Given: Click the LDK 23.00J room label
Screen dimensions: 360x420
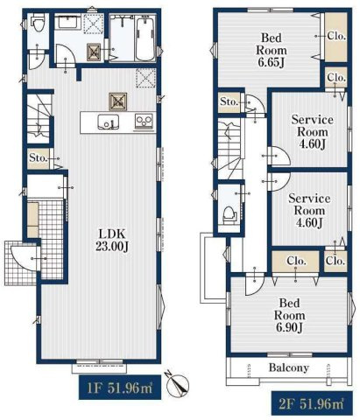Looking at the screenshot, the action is (112, 240).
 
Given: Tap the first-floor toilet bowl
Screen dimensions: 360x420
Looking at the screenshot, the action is (39, 24).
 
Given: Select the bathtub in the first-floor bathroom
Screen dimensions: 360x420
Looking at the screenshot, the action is (145, 38).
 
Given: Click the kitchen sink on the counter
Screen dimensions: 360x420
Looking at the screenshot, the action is (108, 122).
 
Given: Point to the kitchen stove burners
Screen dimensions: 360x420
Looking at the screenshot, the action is (144, 122).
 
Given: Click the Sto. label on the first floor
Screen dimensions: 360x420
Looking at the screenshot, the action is (38, 158).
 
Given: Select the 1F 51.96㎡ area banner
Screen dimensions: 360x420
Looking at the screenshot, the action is (120, 388).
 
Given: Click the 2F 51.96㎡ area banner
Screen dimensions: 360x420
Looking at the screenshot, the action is (312, 403).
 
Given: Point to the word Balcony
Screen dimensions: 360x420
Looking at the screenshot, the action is (289, 367).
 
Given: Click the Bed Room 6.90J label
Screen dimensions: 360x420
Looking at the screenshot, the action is (289, 316).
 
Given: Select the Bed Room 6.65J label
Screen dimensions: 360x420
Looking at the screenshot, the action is (272, 50).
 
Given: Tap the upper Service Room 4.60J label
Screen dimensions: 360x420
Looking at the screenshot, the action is (312, 132).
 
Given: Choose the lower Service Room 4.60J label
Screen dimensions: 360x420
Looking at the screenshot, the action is (309, 211).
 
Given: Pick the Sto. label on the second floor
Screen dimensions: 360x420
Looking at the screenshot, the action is (229, 101).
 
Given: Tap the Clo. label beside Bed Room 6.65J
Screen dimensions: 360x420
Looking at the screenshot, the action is (336, 36).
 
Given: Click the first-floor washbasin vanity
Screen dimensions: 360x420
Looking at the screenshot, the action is (69, 22).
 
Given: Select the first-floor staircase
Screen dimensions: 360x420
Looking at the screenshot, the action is (39, 119).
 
